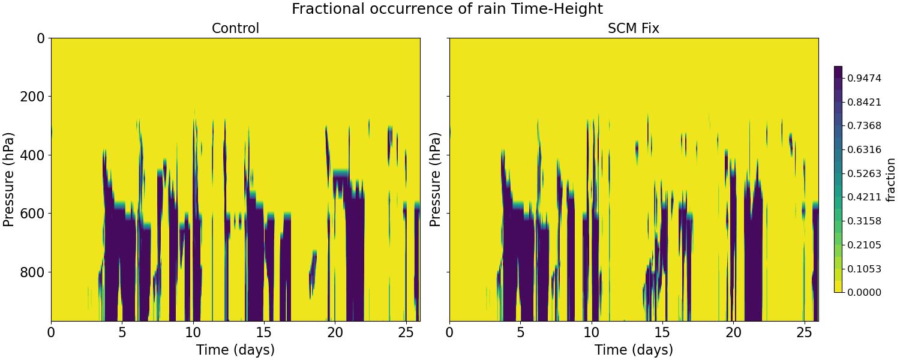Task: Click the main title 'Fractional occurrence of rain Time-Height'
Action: [447, 9]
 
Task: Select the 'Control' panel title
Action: [235, 28]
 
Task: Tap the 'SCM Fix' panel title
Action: [634, 28]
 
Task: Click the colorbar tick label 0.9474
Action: [864, 78]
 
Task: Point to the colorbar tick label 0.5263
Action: [864, 173]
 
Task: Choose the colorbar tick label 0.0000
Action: [864, 292]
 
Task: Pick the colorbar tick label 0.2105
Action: [864, 245]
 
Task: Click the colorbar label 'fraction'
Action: [890, 179]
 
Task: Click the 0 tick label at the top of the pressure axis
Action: [41, 38]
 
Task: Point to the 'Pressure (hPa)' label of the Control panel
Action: [9, 179]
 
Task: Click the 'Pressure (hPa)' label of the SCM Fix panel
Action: [436, 179]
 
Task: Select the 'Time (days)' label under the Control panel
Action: [235, 350]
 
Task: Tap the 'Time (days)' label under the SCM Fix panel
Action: [634, 350]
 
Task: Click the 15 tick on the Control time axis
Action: [264, 332]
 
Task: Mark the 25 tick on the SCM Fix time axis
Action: [804, 332]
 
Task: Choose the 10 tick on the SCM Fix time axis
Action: [592, 332]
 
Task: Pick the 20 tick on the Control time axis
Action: [335, 332]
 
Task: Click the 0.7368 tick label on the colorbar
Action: [864, 125]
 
